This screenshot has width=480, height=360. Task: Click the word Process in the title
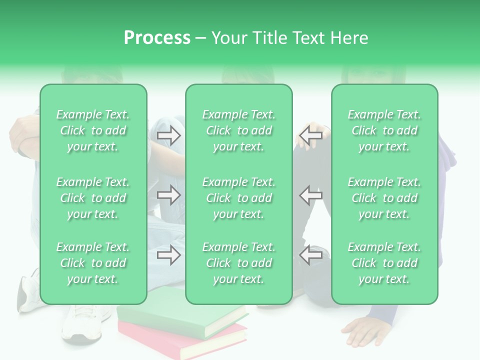(157, 38)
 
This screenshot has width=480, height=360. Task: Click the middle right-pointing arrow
(168, 195)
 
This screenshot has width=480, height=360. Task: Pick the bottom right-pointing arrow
(168, 255)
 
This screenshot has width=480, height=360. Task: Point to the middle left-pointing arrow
(310, 195)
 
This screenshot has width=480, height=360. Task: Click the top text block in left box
(93, 130)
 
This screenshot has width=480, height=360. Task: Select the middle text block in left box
(93, 198)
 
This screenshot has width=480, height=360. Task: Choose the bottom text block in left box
(93, 263)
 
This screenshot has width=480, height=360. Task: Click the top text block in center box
(238, 130)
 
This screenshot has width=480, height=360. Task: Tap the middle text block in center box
(238, 198)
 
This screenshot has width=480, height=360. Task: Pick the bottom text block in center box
(238, 263)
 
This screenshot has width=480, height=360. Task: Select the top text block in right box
(384, 130)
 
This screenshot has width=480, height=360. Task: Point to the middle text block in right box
(384, 198)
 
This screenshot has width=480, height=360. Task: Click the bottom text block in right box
(384, 263)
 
